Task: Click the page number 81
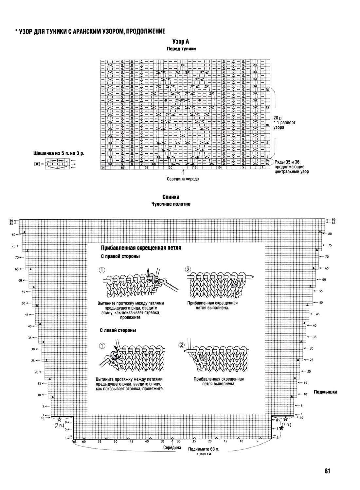pyautogui.click(x=327, y=471)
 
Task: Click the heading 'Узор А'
pyautogui.click(x=181, y=42)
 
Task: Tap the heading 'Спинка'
pyautogui.click(x=171, y=197)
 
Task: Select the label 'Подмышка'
pyautogui.click(x=325, y=392)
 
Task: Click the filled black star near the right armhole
pyautogui.click(x=281, y=429)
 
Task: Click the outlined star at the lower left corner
pyautogui.click(x=59, y=419)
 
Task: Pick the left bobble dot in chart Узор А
pyautogui.click(x=166, y=100)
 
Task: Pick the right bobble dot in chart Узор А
pyautogui.click(x=200, y=100)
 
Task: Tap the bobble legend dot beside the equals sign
pyautogui.click(x=37, y=164)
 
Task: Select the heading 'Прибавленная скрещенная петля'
pyautogui.click(x=141, y=248)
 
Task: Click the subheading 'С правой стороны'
pyautogui.click(x=120, y=256)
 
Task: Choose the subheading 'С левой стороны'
pyautogui.click(x=118, y=330)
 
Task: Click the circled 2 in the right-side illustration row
pyautogui.click(x=188, y=270)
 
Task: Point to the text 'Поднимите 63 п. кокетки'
pyautogui.click(x=203, y=451)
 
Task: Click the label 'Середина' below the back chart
pyautogui.click(x=172, y=447)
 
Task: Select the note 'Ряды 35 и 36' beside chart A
pyautogui.click(x=287, y=162)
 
